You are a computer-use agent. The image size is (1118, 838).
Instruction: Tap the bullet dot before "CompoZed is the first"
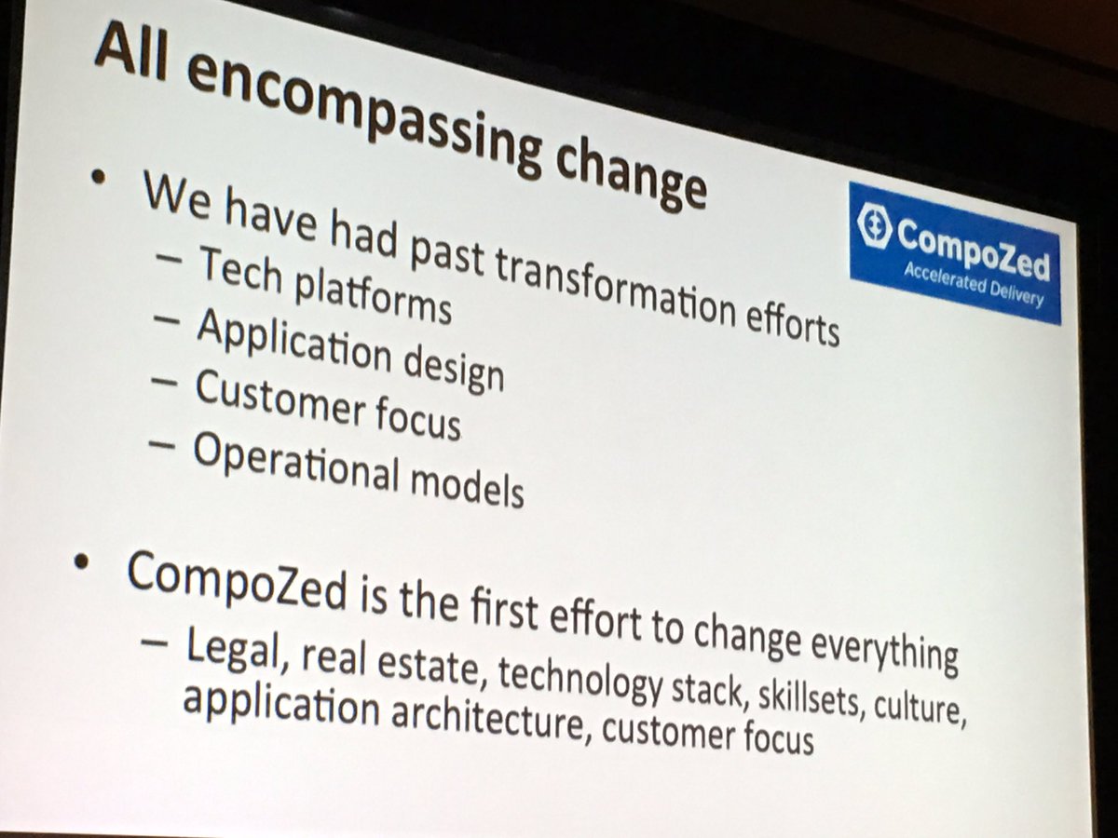[86, 562]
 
